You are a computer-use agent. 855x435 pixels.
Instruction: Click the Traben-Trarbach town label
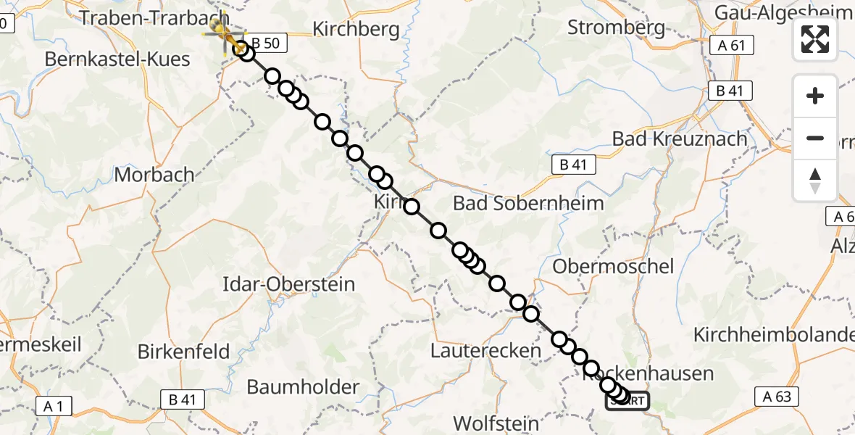point(154,18)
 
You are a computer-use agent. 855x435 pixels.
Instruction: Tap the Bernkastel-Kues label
point(117,59)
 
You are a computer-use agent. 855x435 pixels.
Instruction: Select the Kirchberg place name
point(356,29)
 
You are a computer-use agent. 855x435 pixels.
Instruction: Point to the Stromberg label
point(616,28)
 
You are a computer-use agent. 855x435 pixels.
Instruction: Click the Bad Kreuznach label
point(679,138)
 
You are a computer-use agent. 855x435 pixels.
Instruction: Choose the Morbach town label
point(154,175)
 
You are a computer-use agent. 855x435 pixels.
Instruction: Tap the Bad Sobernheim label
point(528,204)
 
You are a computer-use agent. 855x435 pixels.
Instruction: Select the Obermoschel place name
point(613,266)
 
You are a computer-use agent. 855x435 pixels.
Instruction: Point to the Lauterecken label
point(485,351)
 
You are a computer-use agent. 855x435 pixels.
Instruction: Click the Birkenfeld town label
point(183,352)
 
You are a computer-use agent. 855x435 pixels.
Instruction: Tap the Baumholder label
point(303,387)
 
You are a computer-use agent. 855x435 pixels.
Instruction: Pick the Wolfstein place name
point(496,423)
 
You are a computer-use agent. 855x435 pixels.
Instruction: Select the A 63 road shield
point(777,396)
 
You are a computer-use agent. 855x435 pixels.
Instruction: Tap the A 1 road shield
point(54,406)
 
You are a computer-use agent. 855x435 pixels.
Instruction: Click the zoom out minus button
point(815,138)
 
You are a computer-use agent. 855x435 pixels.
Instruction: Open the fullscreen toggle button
point(815,39)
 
